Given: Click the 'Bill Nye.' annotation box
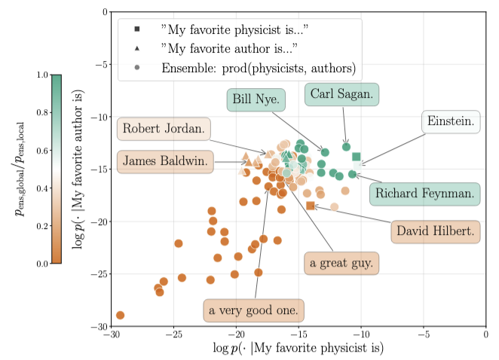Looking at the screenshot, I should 256,99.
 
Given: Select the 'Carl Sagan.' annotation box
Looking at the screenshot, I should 341,94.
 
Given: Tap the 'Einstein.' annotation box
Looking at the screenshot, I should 451,121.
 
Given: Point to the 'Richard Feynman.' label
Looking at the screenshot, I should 426,193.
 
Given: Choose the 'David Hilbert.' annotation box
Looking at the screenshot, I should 435,231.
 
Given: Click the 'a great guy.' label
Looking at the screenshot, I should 342,264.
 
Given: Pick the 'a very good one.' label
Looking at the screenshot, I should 254,310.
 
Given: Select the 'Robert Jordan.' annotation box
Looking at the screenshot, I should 164,129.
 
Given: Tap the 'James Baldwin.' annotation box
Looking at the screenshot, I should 165,161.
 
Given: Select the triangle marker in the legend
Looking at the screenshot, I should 136,49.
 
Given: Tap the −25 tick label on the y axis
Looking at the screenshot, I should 96,274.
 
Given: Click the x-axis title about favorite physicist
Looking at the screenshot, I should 299,348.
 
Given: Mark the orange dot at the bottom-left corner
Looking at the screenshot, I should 120,315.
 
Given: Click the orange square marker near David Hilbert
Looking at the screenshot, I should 310,206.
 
